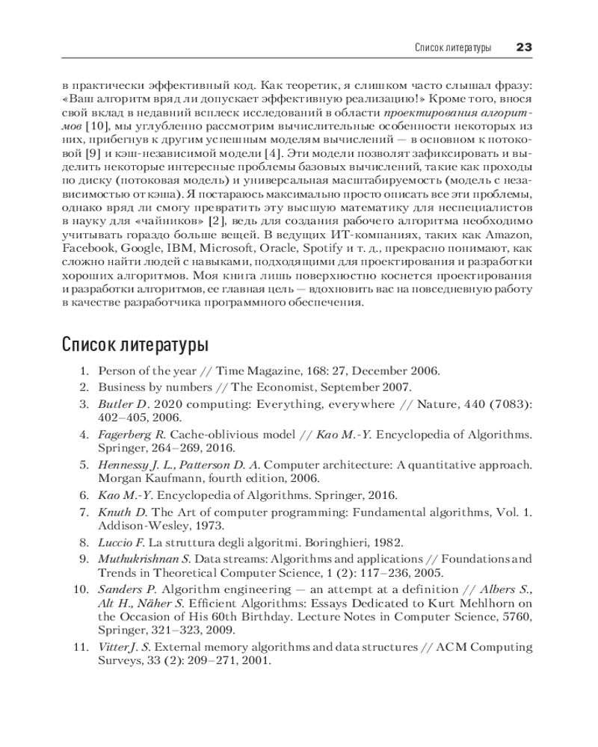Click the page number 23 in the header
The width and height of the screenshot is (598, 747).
[x=523, y=47]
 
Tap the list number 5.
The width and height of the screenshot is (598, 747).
[x=84, y=465]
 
